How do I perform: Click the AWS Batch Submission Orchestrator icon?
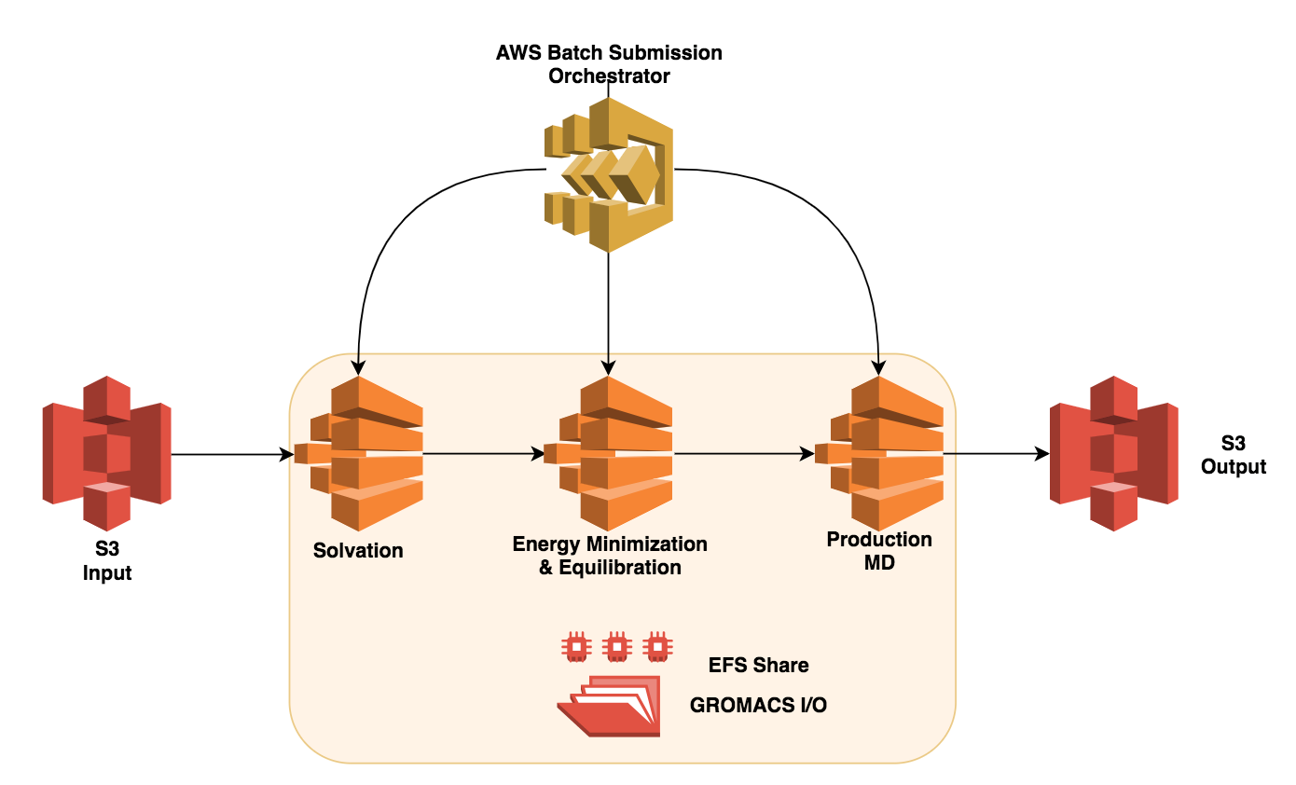[x=609, y=173]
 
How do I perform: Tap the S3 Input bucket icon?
[x=106, y=454]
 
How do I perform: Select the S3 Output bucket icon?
[x=1114, y=454]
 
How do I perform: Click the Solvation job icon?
[x=360, y=454]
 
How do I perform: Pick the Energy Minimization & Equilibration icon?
[x=609, y=454]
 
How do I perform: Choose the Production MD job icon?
[x=879, y=454]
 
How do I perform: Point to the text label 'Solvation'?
[x=358, y=550]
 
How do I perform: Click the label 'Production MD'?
[x=879, y=551]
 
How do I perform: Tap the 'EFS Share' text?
[x=758, y=666]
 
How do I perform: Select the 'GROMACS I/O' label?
[x=758, y=706]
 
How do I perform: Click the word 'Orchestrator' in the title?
[x=609, y=76]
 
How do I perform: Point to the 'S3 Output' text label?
[x=1233, y=455]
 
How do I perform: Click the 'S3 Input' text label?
[x=106, y=561]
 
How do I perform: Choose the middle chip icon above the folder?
[x=616, y=645]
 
